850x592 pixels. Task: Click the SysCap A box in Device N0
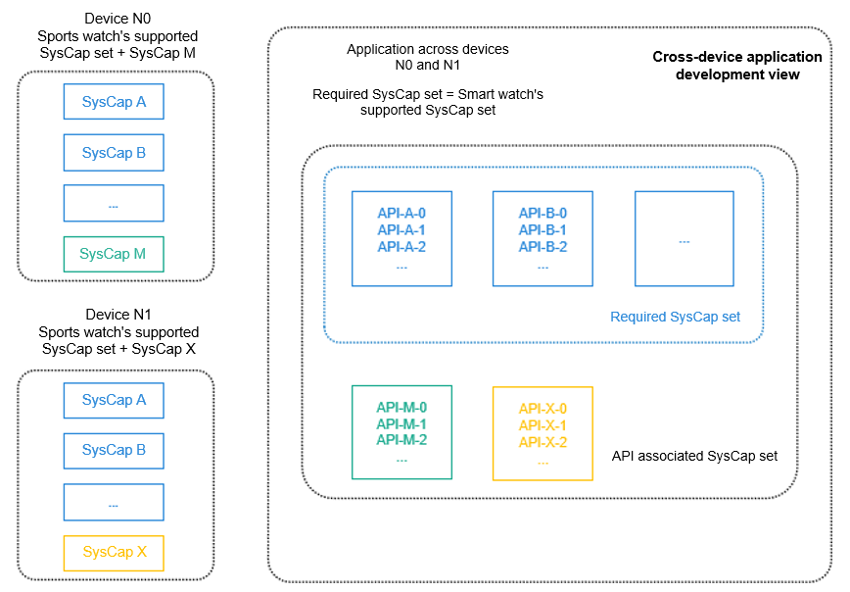pos(114,102)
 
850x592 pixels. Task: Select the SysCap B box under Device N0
pos(114,153)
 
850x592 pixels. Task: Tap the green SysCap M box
pos(114,254)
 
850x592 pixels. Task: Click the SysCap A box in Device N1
pos(114,400)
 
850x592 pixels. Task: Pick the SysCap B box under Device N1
pos(114,450)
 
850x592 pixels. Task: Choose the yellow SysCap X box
pos(114,552)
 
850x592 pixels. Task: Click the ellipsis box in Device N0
pos(114,204)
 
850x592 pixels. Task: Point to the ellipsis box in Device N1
pos(114,502)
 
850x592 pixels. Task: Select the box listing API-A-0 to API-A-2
pos(401,239)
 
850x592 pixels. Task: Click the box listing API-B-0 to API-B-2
pos(543,239)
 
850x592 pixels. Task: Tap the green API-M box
pos(401,432)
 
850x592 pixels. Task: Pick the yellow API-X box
pos(543,433)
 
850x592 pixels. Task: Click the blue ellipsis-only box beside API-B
pos(684,239)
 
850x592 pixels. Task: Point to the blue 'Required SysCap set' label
pos(675,317)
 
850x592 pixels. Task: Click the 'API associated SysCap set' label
pos(693,456)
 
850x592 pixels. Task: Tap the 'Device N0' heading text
pos(118,18)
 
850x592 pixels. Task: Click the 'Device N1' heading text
pos(118,316)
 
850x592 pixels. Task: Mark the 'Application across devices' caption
pos(428,49)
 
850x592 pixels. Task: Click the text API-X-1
pos(543,425)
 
